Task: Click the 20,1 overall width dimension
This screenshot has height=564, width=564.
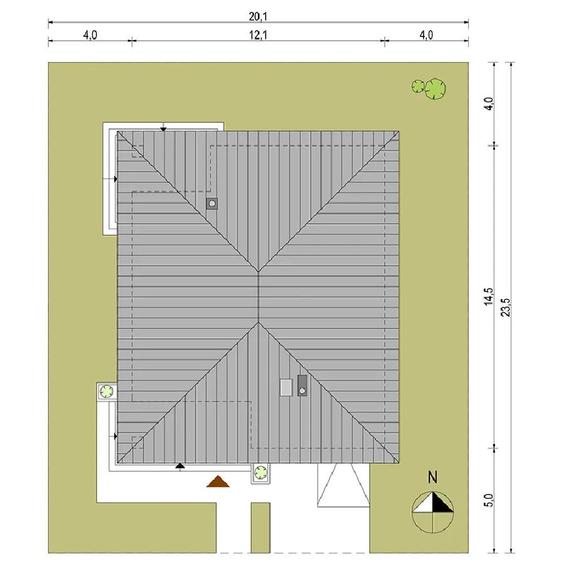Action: coord(258,16)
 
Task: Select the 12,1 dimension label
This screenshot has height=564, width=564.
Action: coord(258,35)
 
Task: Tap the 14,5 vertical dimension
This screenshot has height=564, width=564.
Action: coord(488,297)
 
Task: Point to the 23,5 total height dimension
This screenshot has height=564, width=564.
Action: coord(506,307)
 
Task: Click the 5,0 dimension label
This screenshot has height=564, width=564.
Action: coord(488,500)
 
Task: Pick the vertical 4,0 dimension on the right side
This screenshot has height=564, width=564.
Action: coord(488,103)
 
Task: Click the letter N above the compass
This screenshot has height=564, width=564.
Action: coord(432,478)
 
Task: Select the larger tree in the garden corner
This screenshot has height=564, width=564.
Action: coord(436,88)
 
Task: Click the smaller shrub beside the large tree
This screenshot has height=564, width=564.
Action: coord(418,86)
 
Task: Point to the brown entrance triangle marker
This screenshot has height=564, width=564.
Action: coord(217,481)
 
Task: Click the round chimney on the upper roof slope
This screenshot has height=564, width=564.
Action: coord(212,204)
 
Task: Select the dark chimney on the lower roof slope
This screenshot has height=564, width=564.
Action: coord(302,385)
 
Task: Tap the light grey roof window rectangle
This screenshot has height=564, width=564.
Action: coord(286,387)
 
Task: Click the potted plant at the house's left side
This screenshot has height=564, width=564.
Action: coord(107,391)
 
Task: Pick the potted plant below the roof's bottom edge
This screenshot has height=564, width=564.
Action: coord(261,473)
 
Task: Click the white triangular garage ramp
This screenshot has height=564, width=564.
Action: coord(343,485)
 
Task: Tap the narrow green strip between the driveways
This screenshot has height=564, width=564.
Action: coord(261,527)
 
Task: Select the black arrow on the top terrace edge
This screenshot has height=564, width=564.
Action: coord(164,128)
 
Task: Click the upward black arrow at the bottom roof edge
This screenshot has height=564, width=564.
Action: coord(180,467)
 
